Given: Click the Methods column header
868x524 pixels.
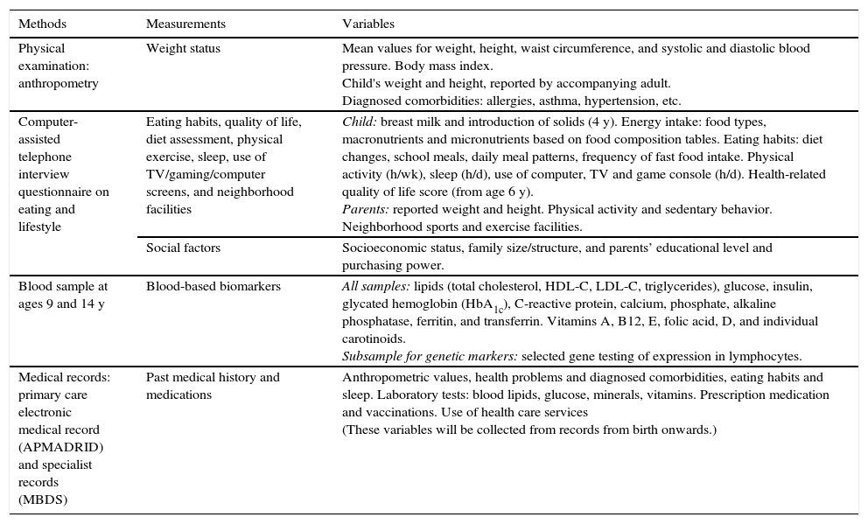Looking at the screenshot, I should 42,24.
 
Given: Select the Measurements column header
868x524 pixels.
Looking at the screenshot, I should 185,24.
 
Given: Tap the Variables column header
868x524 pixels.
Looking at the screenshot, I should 367,24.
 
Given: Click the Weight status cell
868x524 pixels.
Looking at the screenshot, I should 183,49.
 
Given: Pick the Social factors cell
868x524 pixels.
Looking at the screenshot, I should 183,248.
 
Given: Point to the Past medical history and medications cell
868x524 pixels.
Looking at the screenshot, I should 213,386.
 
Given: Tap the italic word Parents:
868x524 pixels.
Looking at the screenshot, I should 365,210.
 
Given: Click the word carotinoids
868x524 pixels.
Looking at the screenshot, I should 374,339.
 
